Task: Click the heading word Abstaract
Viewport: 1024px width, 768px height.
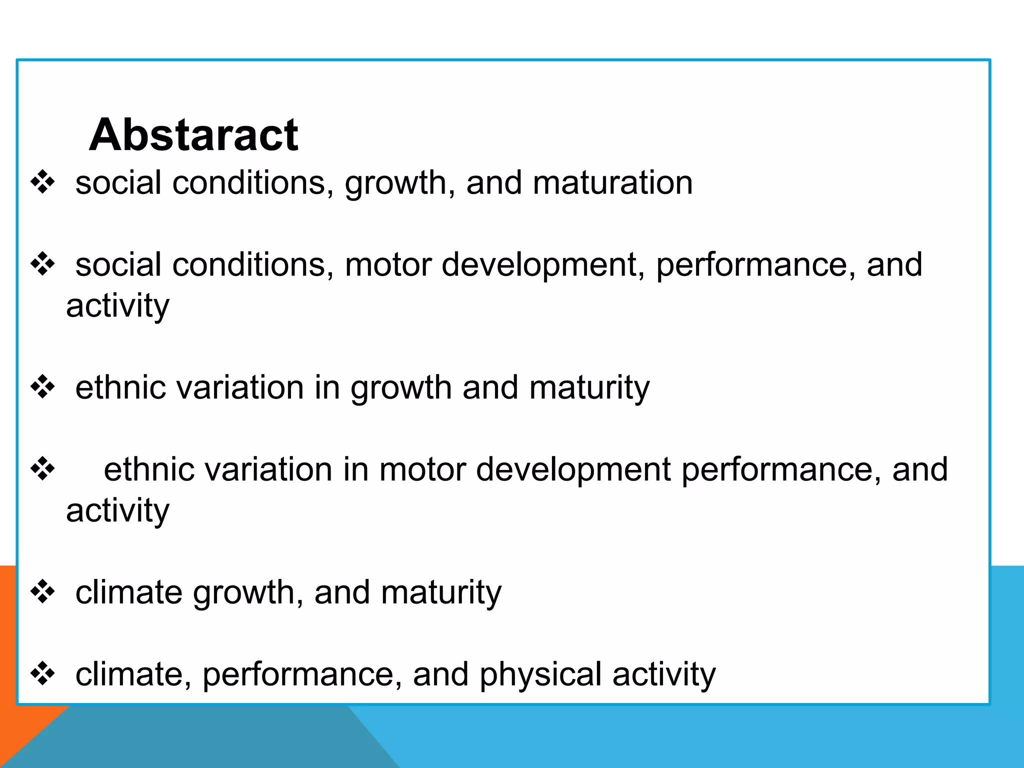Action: (x=193, y=134)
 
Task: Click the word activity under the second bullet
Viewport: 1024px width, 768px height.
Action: (x=117, y=306)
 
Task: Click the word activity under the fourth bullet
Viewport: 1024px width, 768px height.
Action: (x=117, y=511)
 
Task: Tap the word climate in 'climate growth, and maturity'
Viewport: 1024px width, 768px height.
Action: (x=128, y=592)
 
